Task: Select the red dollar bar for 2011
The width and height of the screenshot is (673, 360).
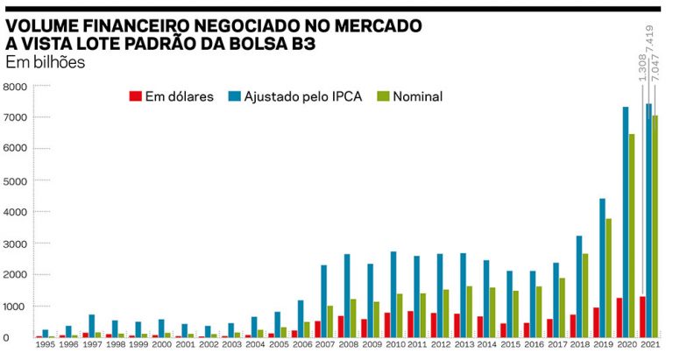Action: coord(411,324)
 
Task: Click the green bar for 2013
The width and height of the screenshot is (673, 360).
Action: coord(469,312)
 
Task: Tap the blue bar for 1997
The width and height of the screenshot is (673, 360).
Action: coord(91,326)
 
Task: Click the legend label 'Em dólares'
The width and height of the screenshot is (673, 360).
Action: coord(181,96)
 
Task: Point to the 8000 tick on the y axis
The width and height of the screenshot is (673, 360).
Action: coord(16,87)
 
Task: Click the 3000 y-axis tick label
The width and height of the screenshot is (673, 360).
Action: coord(16,244)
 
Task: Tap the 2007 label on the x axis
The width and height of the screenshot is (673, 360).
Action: coord(324,347)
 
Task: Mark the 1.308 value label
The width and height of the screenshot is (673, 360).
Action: coord(641,67)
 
